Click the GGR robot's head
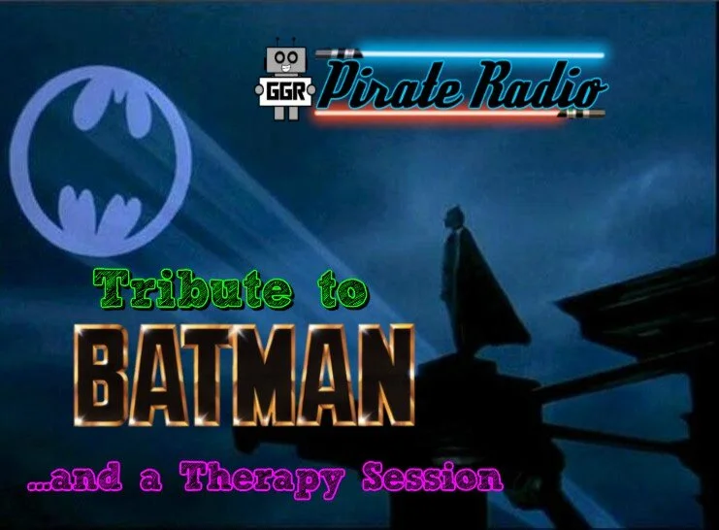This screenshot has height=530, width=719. [x=285, y=60]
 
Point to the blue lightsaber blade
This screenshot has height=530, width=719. [x=475, y=53]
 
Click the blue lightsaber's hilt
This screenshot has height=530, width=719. [x=342, y=53]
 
